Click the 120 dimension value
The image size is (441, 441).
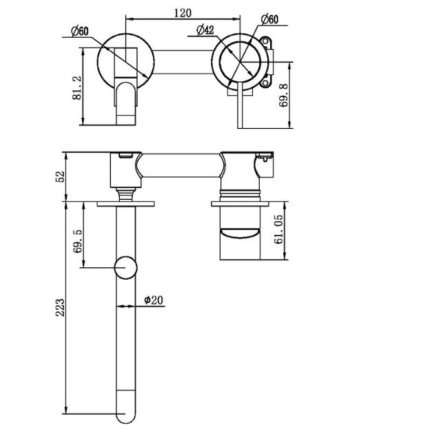click(183, 13)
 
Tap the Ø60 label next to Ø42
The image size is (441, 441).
click(268, 19)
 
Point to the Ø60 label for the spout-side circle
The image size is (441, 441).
click(81, 30)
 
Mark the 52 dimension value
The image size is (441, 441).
click(61, 176)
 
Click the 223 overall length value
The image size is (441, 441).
click(61, 307)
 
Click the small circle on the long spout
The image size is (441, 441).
click(126, 267)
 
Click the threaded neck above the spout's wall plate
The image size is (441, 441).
click(126, 193)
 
